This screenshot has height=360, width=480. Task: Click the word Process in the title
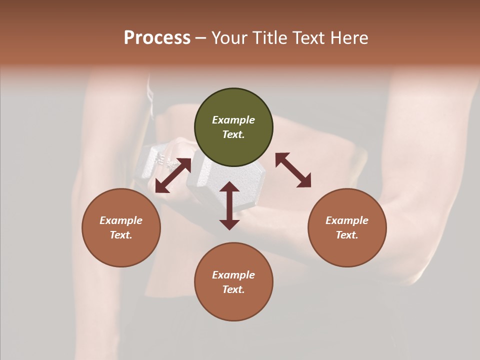pyautogui.click(x=157, y=38)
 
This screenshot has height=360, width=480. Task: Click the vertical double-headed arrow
pyautogui.click(x=229, y=205)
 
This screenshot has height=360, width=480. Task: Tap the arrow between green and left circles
pyautogui.click(x=173, y=175)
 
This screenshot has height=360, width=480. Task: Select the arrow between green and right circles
pyautogui.click(x=293, y=170)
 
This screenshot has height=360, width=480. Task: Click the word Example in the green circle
pyautogui.click(x=233, y=120)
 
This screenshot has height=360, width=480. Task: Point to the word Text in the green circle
pyautogui.click(x=233, y=134)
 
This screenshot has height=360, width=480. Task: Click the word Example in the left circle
pyautogui.click(x=121, y=220)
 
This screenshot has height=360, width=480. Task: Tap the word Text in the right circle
pyautogui.click(x=347, y=235)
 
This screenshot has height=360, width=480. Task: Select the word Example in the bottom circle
pyautogui.click(x=233, y=275)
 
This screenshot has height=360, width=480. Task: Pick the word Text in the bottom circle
pyautogui.click(x=233, y=289)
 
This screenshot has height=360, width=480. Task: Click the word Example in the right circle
pyautogui.click(x=347, y=220)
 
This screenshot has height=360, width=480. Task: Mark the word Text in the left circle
pyautogui.click(x=121, y=235)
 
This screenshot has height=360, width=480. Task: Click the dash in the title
pyautogui.click(x=200, y=38)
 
